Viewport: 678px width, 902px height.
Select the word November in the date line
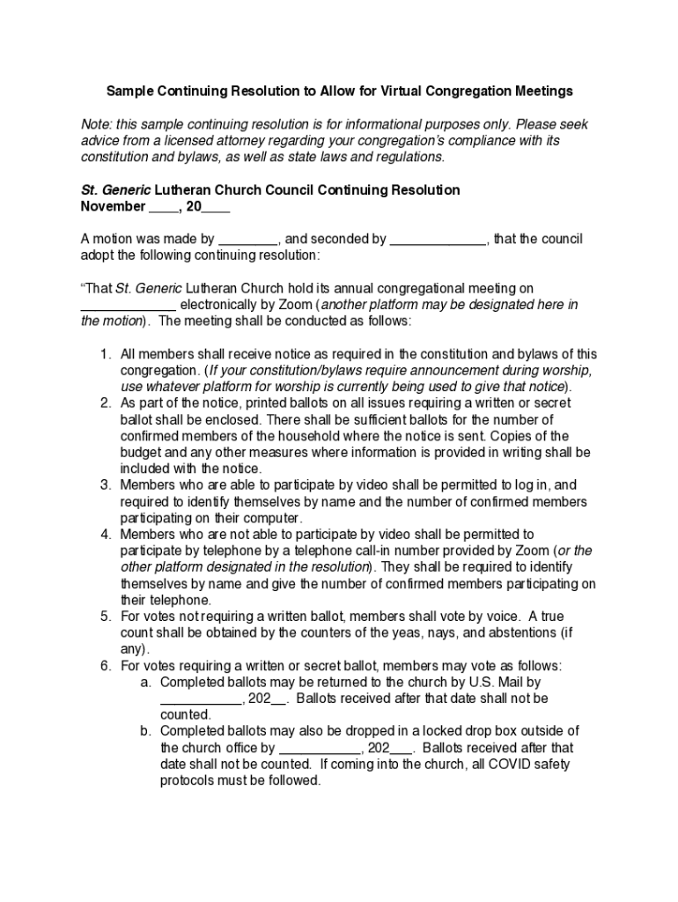click(x=114, y=206)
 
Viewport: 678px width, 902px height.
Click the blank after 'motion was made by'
click(x=248, y=239)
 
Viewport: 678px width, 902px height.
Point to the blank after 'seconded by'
click(x=438, y=239)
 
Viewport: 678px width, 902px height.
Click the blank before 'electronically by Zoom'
click(x=129, y=305)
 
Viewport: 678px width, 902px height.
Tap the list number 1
click(x=104, y=354)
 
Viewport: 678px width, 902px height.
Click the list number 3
click(x=104, y=484)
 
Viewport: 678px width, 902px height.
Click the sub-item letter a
click(x=145, y=682)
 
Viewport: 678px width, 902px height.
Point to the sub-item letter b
click(x=145, y=731)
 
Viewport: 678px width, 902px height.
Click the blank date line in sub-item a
click(x=201, y=699)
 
